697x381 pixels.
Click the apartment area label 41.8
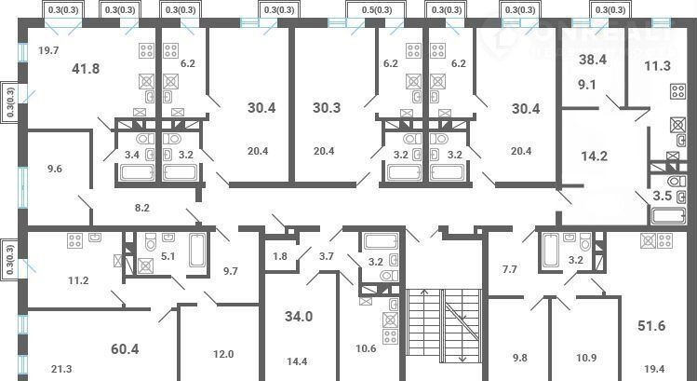point(86,69)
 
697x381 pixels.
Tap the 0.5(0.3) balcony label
point(377,10)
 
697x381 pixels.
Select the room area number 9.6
point(54,169)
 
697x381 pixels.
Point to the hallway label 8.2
point(141,207)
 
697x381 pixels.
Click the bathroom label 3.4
point(131,156)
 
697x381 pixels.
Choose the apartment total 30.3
point(327,108)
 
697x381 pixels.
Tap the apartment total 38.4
point(593,60)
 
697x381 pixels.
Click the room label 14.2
point(595,156)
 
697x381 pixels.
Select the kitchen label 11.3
point(657,66)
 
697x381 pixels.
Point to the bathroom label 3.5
point(662,196)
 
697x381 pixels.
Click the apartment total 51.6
point(651,326)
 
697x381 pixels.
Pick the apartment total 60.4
point(125,349)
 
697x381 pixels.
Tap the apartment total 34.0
point(299,317)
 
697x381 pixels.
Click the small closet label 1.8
point(280,256)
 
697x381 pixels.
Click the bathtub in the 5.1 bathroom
point(197,250)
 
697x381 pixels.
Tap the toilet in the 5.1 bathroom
point(151,241)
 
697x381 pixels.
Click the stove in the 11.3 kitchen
point(677,91)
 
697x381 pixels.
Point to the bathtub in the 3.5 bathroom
point(668,216)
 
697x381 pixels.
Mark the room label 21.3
point(61,369)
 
